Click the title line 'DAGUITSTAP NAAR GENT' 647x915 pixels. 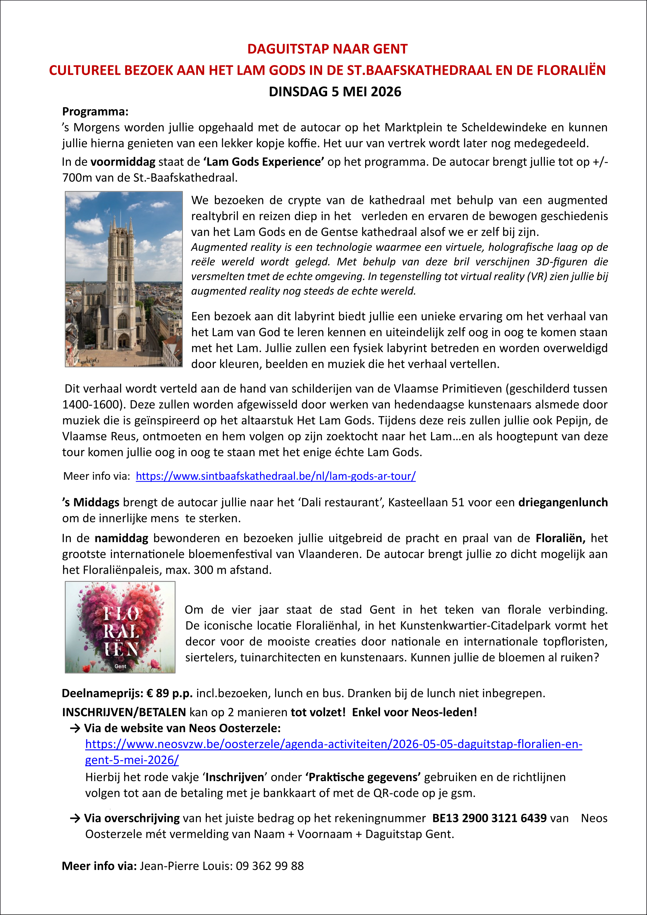tap(327, 49)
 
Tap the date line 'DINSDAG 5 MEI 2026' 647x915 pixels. tap(335, 92)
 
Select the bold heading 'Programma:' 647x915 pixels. tap(95, 112)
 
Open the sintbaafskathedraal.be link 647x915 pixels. tap(276, 476)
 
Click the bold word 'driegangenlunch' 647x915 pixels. tap(563, 503)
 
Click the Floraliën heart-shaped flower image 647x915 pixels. tap(120, 627)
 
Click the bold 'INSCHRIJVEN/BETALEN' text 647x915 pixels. tap(124, 712)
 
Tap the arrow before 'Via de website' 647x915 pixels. tap(75, 728)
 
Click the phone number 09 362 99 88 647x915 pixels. tap(270, 866)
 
